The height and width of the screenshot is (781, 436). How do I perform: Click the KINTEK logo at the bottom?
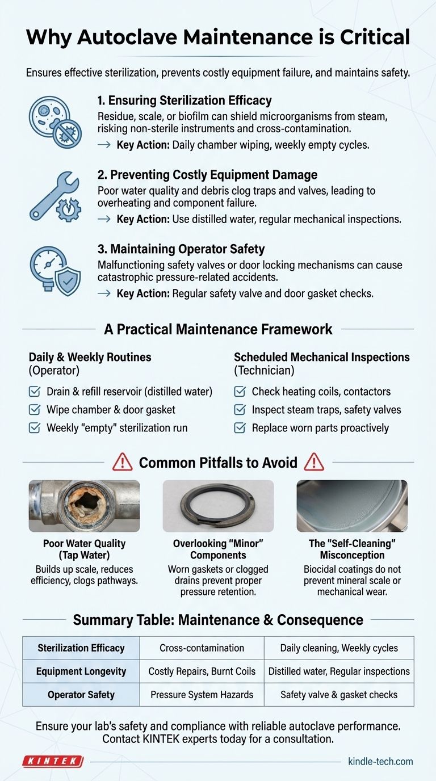pyautogui.click(x=53, y=761)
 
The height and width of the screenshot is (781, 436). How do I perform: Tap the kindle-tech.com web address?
pyautogui.click(x=380, y=761)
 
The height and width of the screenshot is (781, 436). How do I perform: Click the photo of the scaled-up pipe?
pyautogui.click(x=84, y=506)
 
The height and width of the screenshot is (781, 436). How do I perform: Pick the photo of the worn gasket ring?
pyautogui.click(x=218, y=506)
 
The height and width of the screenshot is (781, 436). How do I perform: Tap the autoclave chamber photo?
pyautogui.click(x=352, y=506)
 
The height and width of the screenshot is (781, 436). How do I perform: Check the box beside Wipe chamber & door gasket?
pyautogui.click(x=35, y=409)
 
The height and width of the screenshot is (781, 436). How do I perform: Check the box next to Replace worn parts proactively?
pyautogui.click(x=240, y=427)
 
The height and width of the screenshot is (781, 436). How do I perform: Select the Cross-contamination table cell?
pyautogui.click(x=202, y=648)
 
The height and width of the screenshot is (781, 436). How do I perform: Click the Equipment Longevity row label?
pyautogui.click(x=81, y=671)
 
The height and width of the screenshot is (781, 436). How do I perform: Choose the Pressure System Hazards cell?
pyautogui.click(x=202, y=694)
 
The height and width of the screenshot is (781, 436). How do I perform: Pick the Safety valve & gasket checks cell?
pyautogui.click(x=339, y=694)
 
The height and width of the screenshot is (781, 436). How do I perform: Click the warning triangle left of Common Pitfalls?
pyautogui.click(x=122, y=463)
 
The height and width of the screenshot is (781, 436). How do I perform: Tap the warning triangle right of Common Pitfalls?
pyautogui.click(x=314, y=463)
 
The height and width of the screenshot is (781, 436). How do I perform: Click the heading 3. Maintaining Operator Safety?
pyautogui.click(x=181, y=249)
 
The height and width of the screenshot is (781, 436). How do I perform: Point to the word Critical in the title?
pyautogui.click(x=362, y=37)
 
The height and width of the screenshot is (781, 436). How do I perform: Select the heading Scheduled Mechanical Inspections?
pyautogui.click(x=321, y=357)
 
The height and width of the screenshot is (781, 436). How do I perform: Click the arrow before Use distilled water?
pyautogui.click(x=104, y=219)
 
